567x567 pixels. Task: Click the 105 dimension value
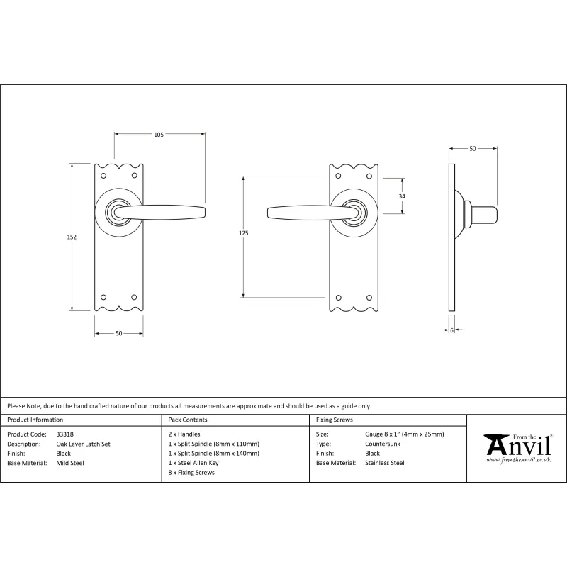click(159, 135)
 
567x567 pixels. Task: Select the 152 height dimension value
click(72, 237)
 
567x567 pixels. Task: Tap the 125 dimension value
click(243, 233)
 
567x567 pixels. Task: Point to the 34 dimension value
click(402, 196)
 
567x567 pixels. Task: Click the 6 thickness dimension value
click(451, 330)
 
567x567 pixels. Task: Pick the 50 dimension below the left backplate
click(119, 333)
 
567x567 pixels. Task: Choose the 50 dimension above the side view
click(473, 149)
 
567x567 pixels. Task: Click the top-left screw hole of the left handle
click(103, 176)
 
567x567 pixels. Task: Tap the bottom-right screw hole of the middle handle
click(369, 298)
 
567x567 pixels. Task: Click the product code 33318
click(64, 434)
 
